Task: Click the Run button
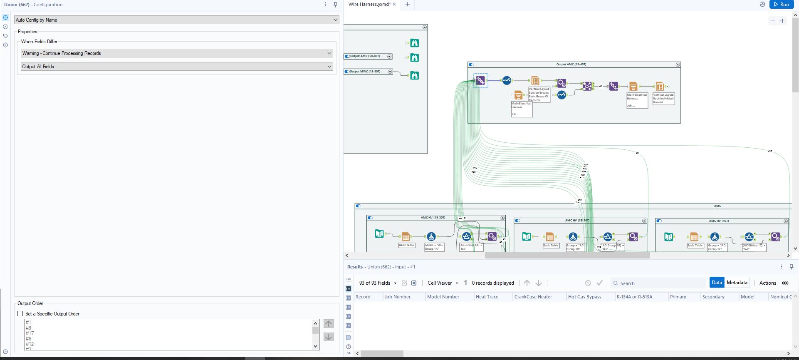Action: (x=781, y=5)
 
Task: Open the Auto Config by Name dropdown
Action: (x=176, y=20)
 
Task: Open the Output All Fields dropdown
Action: (x=176, y=67)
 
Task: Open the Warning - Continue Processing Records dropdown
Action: (x=176, y=53)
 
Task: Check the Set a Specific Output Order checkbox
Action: (x=20, y=314)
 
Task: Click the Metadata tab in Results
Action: (x=737, y=283)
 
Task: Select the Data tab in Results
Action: (x=717, y=283)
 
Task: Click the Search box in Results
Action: (x=659, y=283)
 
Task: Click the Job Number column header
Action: (x=398, y=297)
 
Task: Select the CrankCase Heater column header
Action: (x=533, y=297)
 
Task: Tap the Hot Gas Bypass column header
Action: (x=584, y=297)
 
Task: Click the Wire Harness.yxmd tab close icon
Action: (x=394, y=5)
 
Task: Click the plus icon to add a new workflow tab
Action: (x=408, y=5)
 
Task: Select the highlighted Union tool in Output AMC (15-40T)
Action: (x=480, y=80)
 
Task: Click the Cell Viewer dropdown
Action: (x=443, y=283)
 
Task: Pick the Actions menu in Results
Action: (x=767, y=283)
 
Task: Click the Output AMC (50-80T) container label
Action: (x=365, y=56)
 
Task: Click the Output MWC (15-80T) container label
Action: (x=365, y=72)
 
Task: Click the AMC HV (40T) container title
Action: (x=720, y=221)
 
